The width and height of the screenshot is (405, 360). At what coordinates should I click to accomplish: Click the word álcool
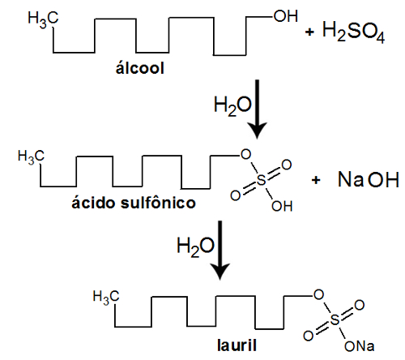[x=140, y=67]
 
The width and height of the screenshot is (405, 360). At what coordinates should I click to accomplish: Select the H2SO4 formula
[x=353, y=32]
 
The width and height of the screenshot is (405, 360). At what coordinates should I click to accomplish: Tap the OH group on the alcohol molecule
[x=286, y=16]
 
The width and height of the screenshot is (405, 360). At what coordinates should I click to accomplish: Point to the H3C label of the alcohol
[x=43, y=19]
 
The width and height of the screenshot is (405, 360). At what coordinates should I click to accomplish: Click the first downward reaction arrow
[x=257, y=109]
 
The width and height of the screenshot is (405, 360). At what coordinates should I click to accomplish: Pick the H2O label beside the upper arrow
[x=232, y=106]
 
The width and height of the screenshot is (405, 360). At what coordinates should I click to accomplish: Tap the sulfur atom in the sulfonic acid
[x=261, y=180]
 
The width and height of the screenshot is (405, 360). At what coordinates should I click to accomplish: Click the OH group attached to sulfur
[x=282, y=206]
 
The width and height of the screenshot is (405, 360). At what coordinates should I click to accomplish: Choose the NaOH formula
[x=369, y=179]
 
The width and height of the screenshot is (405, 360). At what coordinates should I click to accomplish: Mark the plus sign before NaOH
[x=316, y=180]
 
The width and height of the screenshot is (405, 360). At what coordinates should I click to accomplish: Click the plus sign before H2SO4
[x=309, y=32]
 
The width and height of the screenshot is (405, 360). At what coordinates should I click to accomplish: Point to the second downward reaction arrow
[x=220, y=251]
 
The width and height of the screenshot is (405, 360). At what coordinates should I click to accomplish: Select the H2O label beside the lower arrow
[x=195, y=246]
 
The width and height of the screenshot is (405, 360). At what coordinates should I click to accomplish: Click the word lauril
[x=237, y=345]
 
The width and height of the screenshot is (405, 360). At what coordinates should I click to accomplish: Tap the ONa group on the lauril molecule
[x=360, y=346]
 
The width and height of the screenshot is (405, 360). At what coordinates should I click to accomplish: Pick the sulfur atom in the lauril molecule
[x=335, y=320]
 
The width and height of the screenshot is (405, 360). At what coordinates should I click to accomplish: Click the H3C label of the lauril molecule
[x=106, y=297]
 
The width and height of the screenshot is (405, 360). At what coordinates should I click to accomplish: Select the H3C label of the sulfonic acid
[x=31, y=156]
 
